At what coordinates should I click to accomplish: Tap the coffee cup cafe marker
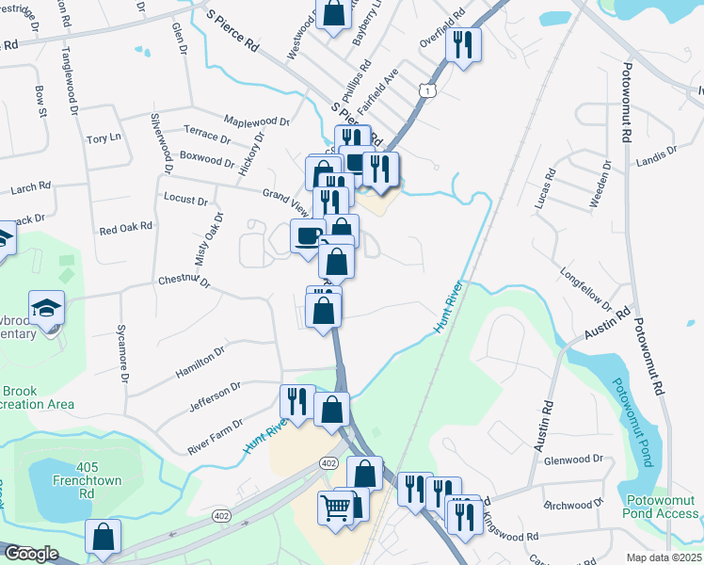(x=307, y=235)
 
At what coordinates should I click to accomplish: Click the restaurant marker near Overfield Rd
(x=463, y=44)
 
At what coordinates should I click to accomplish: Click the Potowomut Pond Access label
(x=661, y=507)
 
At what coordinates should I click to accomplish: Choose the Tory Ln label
(x=104, y=138)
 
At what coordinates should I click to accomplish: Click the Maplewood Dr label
(x=256, y=121)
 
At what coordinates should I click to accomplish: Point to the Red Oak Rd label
(x=125, y=229)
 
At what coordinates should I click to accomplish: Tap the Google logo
(x=31, y=554)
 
